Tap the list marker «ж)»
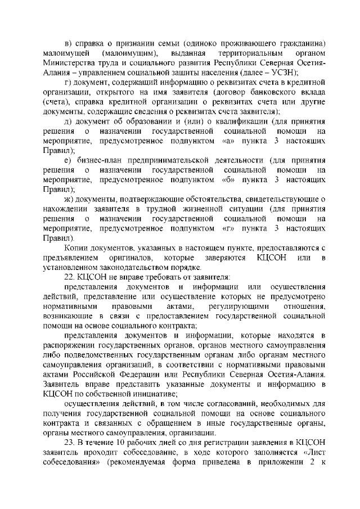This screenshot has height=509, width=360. pyautogui.click(x=69, y=199)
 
